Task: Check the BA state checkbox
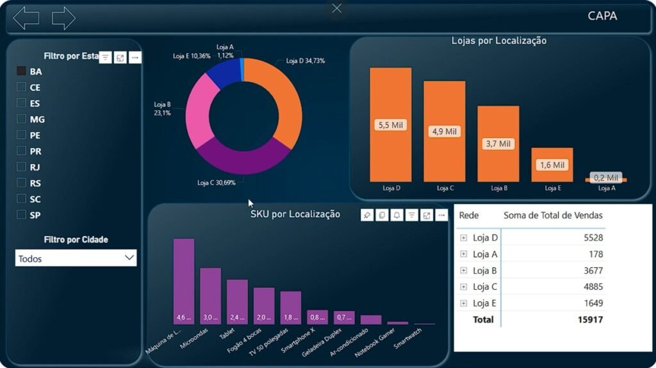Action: click(21, 71)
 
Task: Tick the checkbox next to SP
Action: click(21, 215)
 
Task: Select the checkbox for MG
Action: click(21, 119)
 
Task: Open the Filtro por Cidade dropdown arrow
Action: click(129, 258)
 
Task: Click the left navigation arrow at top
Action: click(26, 18)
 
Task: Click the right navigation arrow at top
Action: click(63, 18)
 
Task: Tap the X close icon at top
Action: click(337, 8)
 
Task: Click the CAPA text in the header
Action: click(602, 16)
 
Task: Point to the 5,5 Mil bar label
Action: click(390, 125)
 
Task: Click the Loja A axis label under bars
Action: click(606, 188)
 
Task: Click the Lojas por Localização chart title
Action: click(498, 41)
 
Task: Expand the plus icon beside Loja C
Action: click(464, 287)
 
